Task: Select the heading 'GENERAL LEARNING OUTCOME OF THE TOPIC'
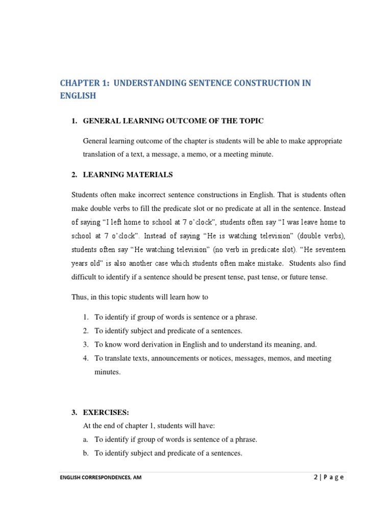click(x=173, y=121)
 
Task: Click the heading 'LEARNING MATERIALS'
click(x=128, y=175)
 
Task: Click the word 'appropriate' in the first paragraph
click(x=323, y=141)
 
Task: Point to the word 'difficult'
click(x=85, y=277)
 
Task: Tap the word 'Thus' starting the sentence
click(x=80, y=297)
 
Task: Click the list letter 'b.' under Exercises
click(x=86, y=453)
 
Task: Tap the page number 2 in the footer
click(x=316, y=478)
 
